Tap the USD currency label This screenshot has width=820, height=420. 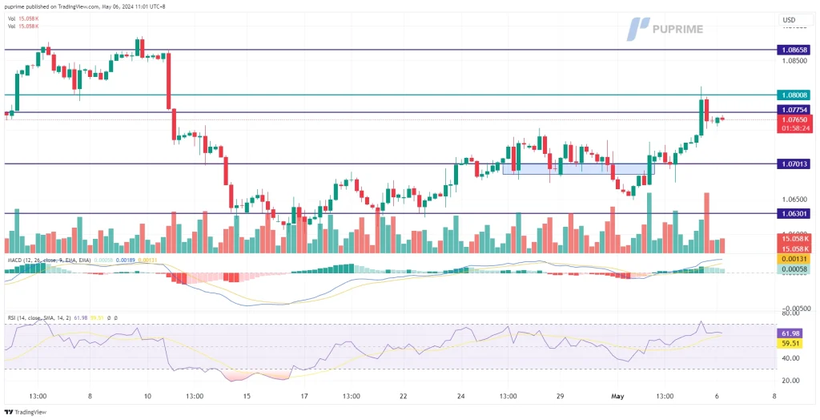788,20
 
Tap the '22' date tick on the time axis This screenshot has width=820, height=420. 404,395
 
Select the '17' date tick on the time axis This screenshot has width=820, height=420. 303,395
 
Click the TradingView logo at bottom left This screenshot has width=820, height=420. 27,412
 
